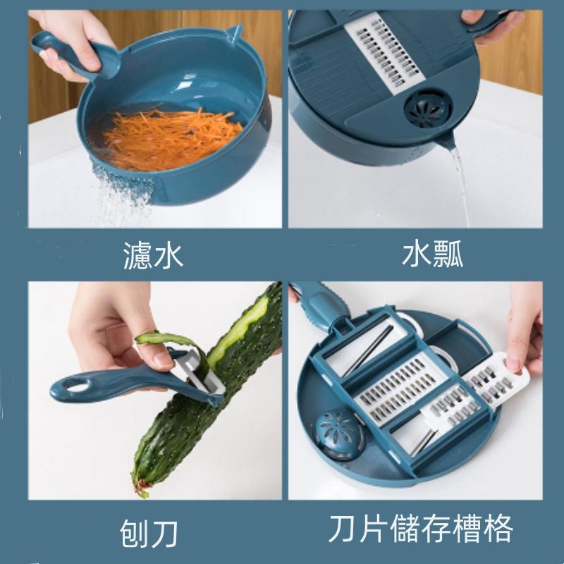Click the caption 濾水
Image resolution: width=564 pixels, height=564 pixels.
(152, 255)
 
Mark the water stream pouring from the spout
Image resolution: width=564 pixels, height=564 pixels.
(458, 183)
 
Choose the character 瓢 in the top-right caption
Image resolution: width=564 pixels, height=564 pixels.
(448, 255)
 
